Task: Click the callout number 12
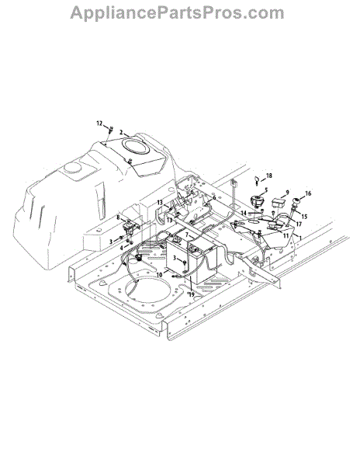pos(99,123)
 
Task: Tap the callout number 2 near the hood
pos(121,132)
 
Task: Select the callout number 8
pos(119,217)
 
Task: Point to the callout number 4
pos(121,247)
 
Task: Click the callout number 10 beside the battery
pos(159,275)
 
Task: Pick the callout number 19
pos(192,294)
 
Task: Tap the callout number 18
pos(269,176)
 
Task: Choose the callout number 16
pos(308,193)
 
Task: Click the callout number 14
pos(244,213)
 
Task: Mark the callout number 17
pos(299,224)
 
